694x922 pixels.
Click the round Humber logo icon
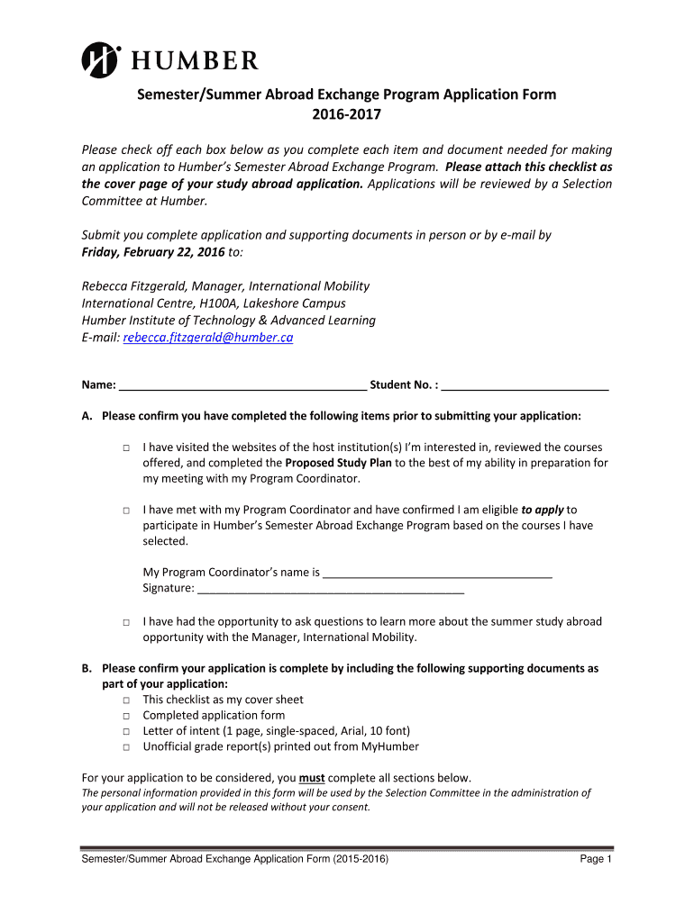pyautogui.click(x=101, y=60)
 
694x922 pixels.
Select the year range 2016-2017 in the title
pyautogui.click(x=347, y=115)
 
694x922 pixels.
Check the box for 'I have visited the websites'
pyautogui.click(x=127, y=447)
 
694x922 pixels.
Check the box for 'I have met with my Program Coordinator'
pyautogui.click(x=127, y=511)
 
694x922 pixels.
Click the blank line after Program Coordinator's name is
pyautogui.click(x=437, y=572)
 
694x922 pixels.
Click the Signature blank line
pyautogui.click(x=330, y=588)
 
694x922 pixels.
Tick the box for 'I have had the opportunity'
pyautogui.click(x=127, y=622)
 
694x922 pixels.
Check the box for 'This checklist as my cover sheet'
pyautogui.click(x=127, y=701)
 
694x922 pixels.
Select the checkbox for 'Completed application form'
pyautogui.click(x=127, y=716)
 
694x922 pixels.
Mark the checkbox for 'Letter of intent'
pyautogui.click(x=127, y=732)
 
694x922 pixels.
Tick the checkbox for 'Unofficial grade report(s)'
pyautogui.click(x=127, y=747)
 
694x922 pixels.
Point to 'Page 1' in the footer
pyautogui.click(x=596, y=860)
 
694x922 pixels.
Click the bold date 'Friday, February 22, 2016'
pyautogui.click(x=148, y=252)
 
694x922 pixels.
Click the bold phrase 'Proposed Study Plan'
pyautogui.click(x=339, y=463)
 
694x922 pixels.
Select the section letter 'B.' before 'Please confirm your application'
pyautogui.click(x=87, y=668)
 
